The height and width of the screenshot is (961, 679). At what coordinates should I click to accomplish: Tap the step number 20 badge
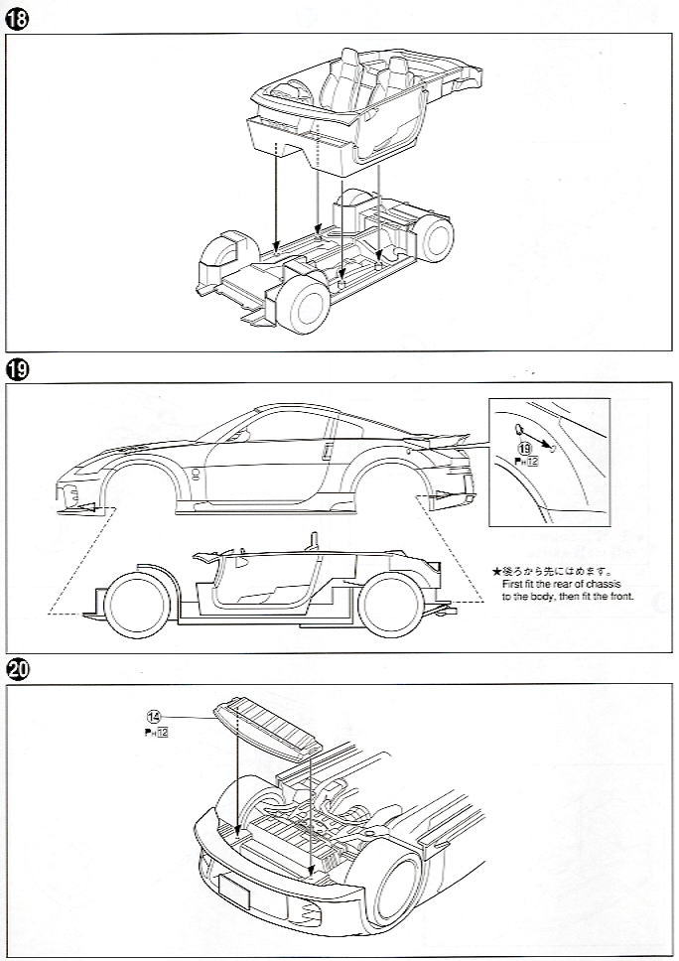[16, 668]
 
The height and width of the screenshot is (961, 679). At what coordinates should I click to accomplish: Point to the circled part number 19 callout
[522, 449]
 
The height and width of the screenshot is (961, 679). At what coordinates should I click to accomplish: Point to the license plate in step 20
[234, 891]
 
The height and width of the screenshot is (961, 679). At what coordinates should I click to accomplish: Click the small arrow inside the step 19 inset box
[541, 439]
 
